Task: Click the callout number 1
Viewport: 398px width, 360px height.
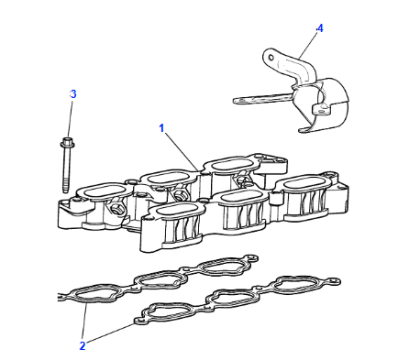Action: click(x=162, y=129)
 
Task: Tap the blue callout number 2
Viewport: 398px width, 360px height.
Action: click(x=83, y=344)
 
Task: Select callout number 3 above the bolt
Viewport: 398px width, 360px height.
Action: click(x=73, y=94)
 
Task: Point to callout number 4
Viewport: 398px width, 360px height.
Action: click(x=320, y=28)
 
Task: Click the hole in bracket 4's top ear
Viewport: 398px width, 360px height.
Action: click(x=272, y=59)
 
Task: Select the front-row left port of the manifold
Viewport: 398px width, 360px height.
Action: click(x=171, y=213)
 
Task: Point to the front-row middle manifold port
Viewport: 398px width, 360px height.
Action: click(x=239, y=197)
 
